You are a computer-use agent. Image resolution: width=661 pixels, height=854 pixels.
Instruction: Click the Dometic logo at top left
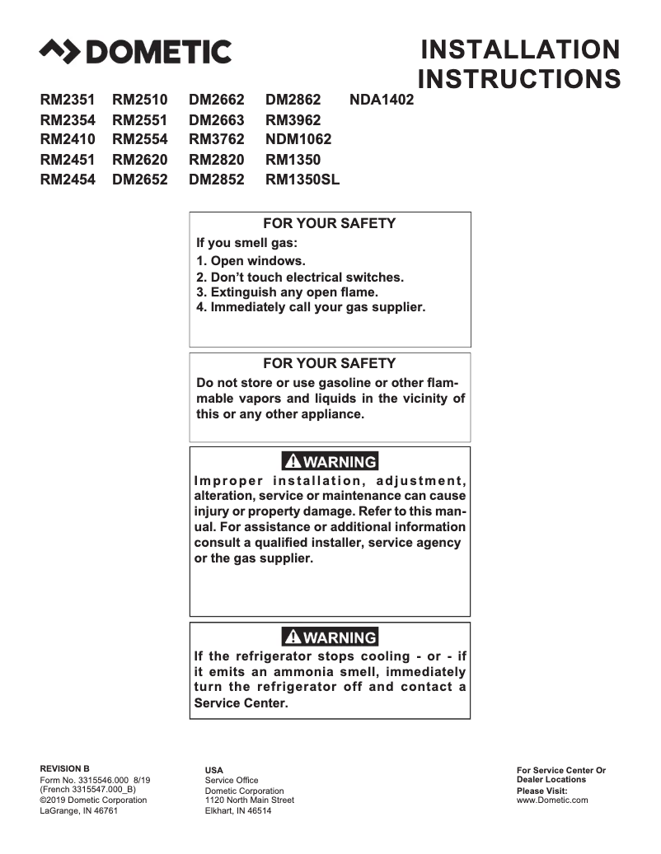pyautogui.click(x=135, y=52)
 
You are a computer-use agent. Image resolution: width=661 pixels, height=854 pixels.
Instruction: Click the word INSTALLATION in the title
pyautogui.click(x=519, y=49)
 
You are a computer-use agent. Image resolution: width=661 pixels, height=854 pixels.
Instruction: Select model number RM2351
pyautogui.click(x=68, y=100)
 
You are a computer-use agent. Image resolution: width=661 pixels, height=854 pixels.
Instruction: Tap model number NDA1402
pyautogui.click(x=382, y=100)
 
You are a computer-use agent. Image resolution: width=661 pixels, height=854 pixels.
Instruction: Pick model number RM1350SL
pyautogui.click(x=302, y=180)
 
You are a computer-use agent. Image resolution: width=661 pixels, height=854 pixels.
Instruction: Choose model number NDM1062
pyautogui.click(x=298, y=140)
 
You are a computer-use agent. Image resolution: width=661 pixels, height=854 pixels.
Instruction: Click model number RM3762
pyautogui.click(x=217, y=140)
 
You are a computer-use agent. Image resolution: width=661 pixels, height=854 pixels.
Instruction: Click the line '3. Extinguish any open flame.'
pyautogui.click(x=287, y=292)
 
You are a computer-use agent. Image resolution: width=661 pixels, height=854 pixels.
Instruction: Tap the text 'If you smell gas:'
pyautogui.click(x=246, y=243)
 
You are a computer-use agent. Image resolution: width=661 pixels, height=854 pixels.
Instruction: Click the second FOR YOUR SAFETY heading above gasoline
pyautogui.click(x=329, y=363)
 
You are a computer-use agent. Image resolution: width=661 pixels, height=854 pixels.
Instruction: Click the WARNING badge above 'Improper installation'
pyautogui.click(x=330, y=461)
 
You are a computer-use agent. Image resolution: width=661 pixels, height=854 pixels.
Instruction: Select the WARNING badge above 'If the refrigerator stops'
pyautogui.click(x=330, y=637)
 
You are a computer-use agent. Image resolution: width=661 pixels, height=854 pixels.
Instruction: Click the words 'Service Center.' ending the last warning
pyautogui.click(x=241, y=703)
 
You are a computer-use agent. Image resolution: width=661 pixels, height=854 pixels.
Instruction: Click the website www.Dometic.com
pyautogui.click(x=552, y=800)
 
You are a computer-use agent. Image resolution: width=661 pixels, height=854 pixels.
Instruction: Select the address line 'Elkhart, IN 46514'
pyautogui.click(x=238, y=810)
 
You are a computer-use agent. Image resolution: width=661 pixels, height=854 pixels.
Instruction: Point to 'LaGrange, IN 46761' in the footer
pyautogui.click(x=79, y=810)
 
